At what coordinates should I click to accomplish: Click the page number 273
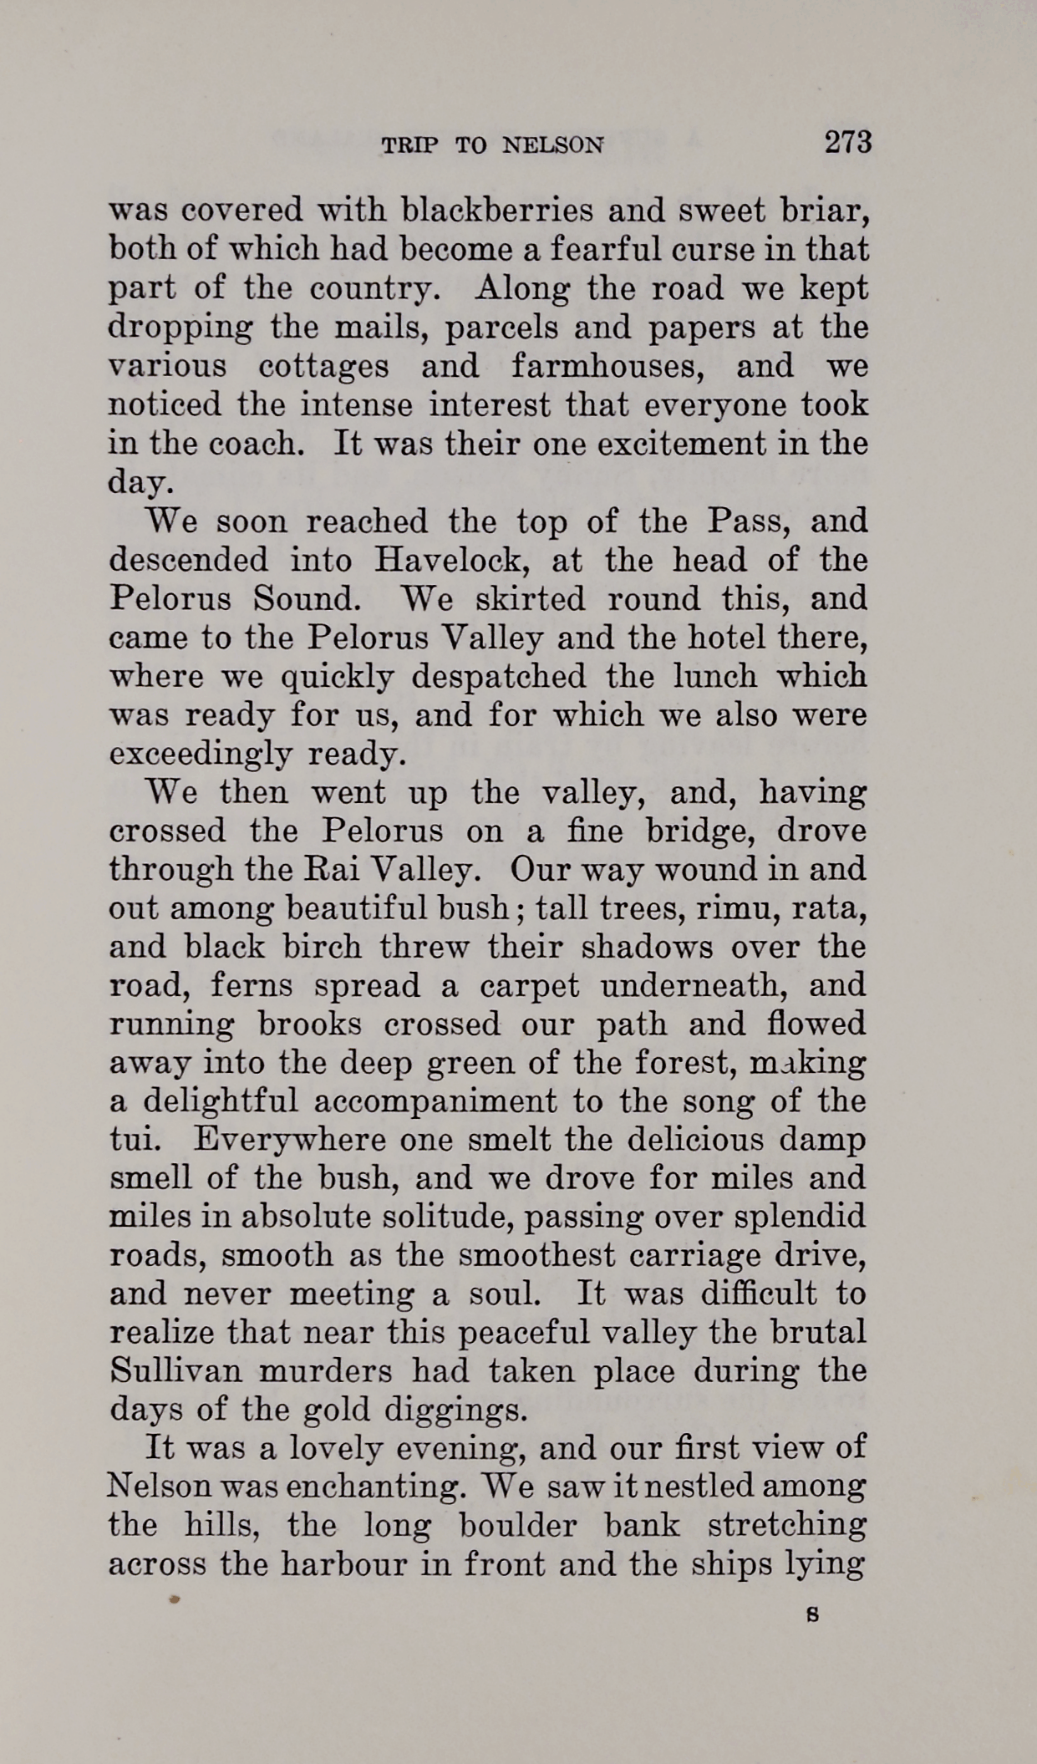tap(848, 142)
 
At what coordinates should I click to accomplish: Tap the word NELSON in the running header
tap(552, 145)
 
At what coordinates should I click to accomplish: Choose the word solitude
tap(448, 1218)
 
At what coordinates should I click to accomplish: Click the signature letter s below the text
tap(811, 1616)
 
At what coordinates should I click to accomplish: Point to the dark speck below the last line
tap(174, 1599)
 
